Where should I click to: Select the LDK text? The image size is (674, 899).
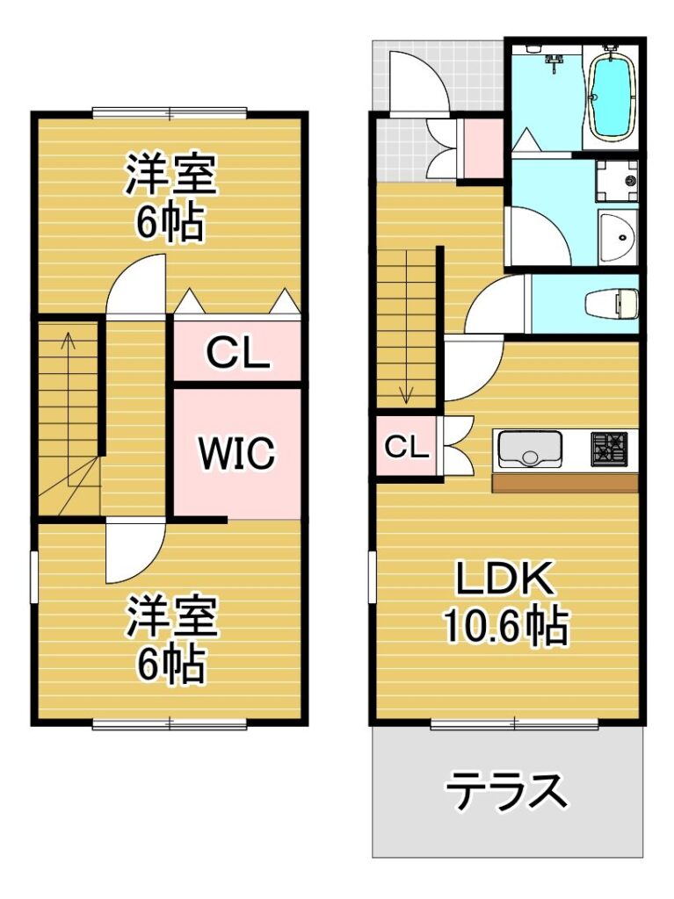[x=504, y=579]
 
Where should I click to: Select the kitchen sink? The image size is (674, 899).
[x=529, y=449]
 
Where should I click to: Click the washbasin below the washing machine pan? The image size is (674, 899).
[x=618, y=236]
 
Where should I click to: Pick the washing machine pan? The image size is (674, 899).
[x=618, y=181]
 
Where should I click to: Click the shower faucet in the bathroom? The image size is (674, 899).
[x=554, y=61]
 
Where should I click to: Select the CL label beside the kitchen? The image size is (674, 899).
[x=407, y=447]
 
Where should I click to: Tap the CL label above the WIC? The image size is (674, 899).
[x=237, y=354]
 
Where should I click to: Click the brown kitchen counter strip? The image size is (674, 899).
[x=566, y=484]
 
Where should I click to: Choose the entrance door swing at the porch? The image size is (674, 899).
[x=417, y=79]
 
